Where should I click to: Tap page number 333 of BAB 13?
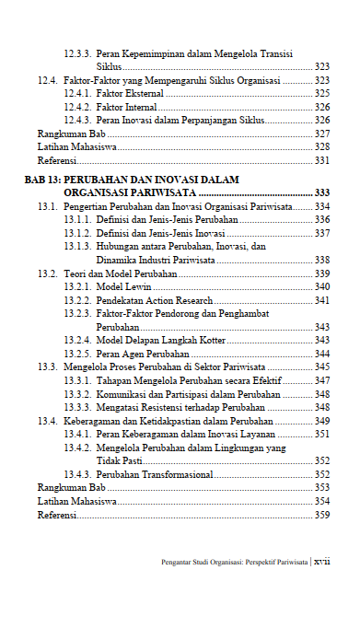tap(322, 192)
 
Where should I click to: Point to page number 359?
tap(322, 516)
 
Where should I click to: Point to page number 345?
tap(322, 366)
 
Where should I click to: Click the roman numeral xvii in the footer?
tap(321, 560)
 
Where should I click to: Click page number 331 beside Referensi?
tap(322, 160)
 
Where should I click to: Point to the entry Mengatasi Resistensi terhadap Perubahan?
tap(174, 407)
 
